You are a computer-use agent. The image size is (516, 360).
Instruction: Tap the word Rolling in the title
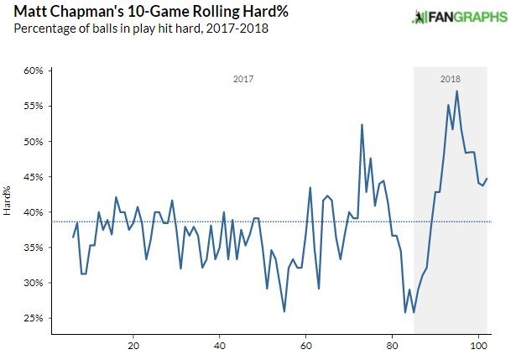tap(192, 13)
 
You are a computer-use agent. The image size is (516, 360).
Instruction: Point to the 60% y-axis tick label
tap(33, 71)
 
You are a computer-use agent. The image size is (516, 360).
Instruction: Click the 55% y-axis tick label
tap(33, 107)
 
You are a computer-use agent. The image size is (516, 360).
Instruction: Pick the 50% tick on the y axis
tap(33, 142)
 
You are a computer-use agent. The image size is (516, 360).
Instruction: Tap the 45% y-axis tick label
tap(33, 177)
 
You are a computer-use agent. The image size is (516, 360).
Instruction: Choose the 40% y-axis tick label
tap(33, 212)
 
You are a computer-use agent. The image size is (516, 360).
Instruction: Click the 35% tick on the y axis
tap(33, 248)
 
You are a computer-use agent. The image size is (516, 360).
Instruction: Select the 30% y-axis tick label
tap(33, 283)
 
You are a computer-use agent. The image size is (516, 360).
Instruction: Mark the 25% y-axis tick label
tap(33, 318)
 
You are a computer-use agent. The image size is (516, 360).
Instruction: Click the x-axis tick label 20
tap(133, 344)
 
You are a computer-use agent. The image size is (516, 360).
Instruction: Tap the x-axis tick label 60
tap(305, 344)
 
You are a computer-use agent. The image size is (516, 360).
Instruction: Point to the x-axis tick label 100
tap(478, 344)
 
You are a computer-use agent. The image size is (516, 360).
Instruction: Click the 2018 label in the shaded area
tap(450, 80)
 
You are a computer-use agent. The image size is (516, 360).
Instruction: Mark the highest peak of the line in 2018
tap(456, 91)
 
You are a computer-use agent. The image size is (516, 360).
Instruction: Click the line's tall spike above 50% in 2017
tap(362, 124)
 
